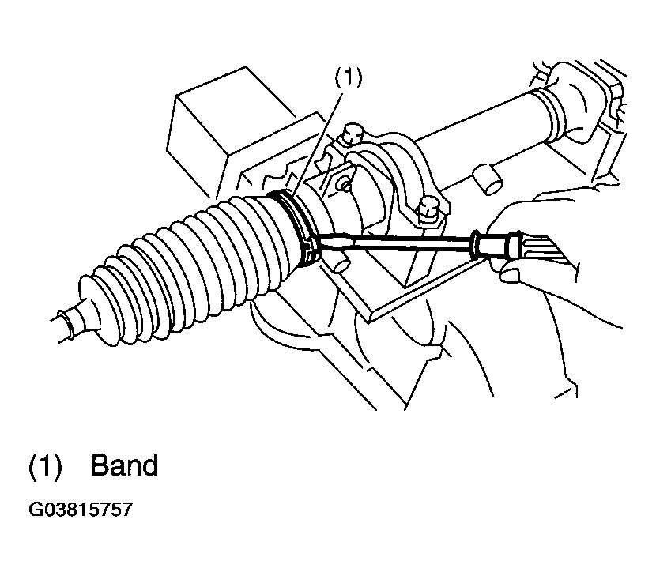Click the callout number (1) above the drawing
pos(348,77)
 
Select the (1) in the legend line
pos(45,465)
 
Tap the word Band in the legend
pos(124,465)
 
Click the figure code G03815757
pos(81,510)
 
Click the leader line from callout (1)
pos(319,143)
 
